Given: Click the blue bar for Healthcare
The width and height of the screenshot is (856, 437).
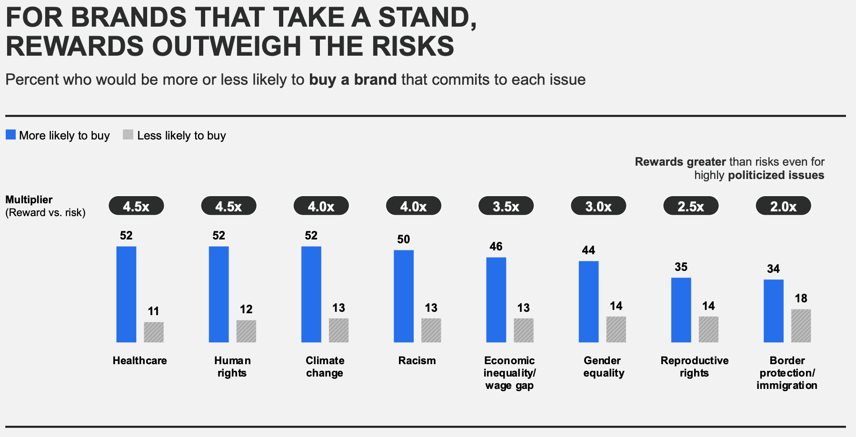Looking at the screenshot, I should click(x=126, y=294).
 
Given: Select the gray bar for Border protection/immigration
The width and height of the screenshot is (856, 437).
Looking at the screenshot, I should click(x=801, y=326).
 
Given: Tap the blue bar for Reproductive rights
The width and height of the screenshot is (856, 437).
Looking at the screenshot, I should click(x=681, y=310).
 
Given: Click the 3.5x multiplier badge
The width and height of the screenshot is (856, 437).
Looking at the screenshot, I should click(x=506, y=206).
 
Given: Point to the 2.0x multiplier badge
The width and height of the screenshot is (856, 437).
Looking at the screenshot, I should click(x=783, y=206).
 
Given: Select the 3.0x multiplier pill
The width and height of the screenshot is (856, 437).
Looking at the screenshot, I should click(x=598, y=206).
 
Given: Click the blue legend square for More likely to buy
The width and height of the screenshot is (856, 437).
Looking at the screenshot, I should click(x=10, y=135).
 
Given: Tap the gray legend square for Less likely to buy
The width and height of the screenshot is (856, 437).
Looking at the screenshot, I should click(x=128, y=135).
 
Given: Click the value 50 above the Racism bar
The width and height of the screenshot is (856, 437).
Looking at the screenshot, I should click(x=403, y=239).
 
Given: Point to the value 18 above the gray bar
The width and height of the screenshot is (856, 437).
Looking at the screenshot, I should click(x=801, y=298).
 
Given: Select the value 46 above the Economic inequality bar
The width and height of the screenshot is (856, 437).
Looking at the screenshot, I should click(x=496, y=246).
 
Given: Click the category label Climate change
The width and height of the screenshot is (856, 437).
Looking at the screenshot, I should click(x=325, y=367).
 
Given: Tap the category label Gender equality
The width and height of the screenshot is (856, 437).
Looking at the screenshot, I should click(x=603, y=367).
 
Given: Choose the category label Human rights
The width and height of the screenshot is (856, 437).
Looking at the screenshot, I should click(x=232, y=367).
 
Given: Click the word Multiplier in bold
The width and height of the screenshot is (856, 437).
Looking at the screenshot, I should click(x=29, y=199).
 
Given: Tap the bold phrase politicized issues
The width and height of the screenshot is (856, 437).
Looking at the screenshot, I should click(x=776, y=175).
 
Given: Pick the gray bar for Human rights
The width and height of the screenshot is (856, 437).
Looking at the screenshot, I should click(x=246, y=331).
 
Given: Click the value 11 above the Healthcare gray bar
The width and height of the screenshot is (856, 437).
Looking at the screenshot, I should click(x=153, y=311).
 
